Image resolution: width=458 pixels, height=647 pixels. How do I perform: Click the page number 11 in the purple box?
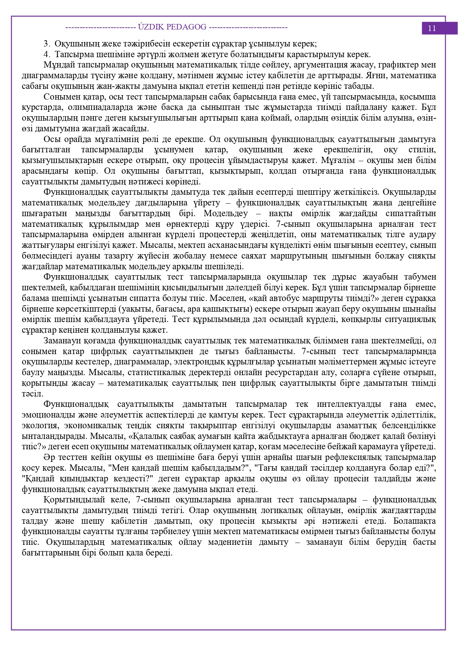click(x=432, y=28)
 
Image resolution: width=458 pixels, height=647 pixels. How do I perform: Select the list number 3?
click(x=46, y=44)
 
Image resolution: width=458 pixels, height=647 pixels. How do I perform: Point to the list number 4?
click(x=46, y=55)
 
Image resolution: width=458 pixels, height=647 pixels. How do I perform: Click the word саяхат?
click(x=309, y=256)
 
